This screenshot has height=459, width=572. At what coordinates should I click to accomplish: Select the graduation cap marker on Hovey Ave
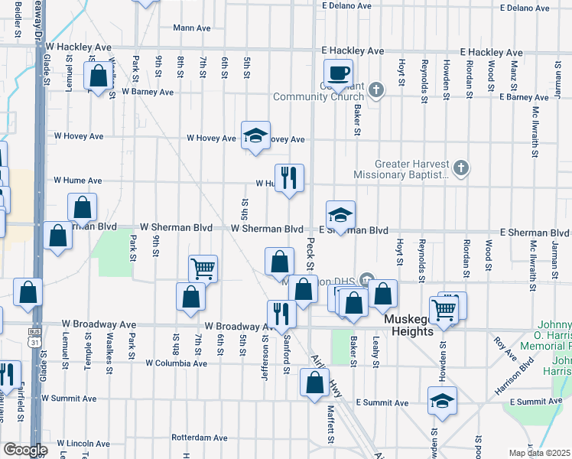pyautogui.click(x=255, y=136)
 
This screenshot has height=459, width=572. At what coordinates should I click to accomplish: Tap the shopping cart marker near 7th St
pyautogui.click(x=203, y=269)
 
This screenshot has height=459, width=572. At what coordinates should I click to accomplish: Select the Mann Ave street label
pyautogui.click(x=191, y=28)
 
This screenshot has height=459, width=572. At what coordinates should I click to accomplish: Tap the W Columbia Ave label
pyautogui.click(x=176, y=363)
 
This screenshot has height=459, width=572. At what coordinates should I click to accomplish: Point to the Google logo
pyautogui.click(x=24, y=450)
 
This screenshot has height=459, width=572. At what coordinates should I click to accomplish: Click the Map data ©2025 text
pyautogui.click(x=539, y=453)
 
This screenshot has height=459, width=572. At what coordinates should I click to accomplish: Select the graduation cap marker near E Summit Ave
pyautogui.click(x=442, y=401)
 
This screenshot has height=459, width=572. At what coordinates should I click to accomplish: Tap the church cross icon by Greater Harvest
pyautogui.click(x=460, y=168)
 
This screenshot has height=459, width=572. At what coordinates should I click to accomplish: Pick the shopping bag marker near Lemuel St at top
pyautogui.click(x=98, y=77)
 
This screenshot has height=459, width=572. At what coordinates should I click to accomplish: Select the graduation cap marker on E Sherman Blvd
pyautogui.click(x=340, y=215)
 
